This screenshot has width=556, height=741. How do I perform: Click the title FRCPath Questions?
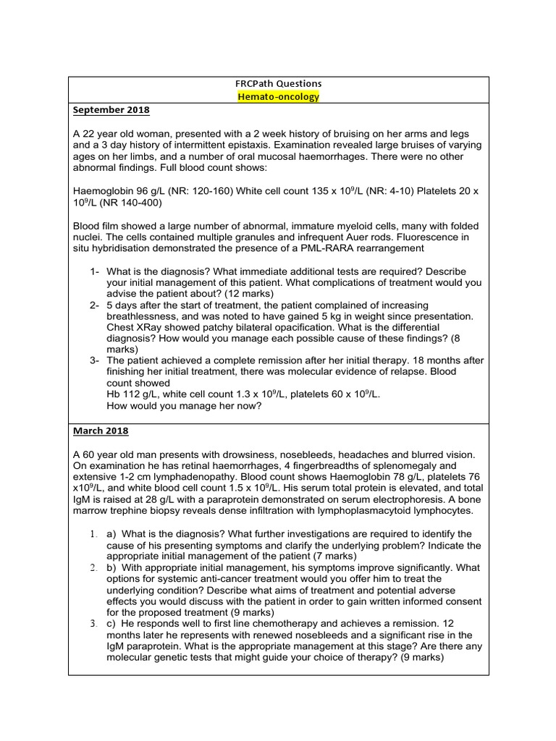pyautogui.click(x=278, y=84)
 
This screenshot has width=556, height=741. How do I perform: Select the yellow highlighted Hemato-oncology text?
pyautogui.click(x=278, y=97)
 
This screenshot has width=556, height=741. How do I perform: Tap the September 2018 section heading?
pyautogui.click(x=111, y=110)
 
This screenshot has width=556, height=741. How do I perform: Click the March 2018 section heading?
pyautogui.click(x=101, y=431)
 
